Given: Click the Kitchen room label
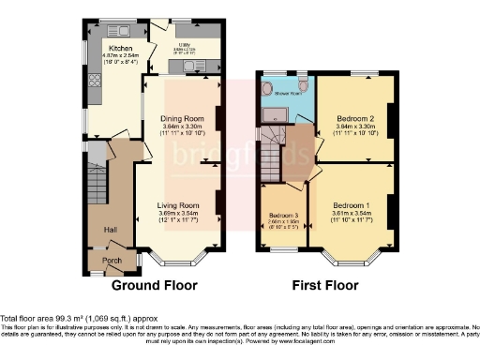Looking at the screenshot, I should [120, 47].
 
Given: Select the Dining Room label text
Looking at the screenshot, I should [182, 119].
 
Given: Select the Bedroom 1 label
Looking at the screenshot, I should [351, 203].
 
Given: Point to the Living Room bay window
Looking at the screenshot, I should [178, 259].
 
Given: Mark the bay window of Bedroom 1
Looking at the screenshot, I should [352, 259].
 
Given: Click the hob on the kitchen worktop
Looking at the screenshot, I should [94, 82].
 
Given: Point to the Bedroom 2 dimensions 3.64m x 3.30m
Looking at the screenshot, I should [352, 127].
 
